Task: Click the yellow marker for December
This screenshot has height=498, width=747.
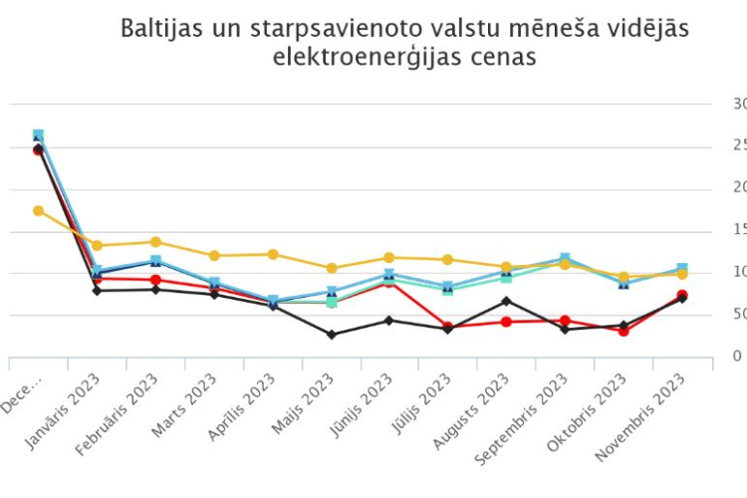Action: point(38,211)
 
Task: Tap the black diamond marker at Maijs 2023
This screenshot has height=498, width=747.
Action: point(331,335)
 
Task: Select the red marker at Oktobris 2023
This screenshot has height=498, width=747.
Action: point(623,331)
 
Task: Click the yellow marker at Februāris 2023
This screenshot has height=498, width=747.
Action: point(155,242)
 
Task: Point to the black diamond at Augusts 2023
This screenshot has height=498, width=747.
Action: point(506,301)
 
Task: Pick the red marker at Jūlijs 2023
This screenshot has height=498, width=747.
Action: point(448,327)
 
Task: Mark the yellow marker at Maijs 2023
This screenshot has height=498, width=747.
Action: point(331,268)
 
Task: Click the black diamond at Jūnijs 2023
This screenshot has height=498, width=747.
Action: point(389,321)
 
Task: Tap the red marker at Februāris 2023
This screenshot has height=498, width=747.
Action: point(155,280)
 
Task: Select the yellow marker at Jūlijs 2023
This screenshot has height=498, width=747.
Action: point(448,260)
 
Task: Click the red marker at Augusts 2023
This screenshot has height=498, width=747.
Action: point(506,322)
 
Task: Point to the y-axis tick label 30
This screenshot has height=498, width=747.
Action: point(739,104)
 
